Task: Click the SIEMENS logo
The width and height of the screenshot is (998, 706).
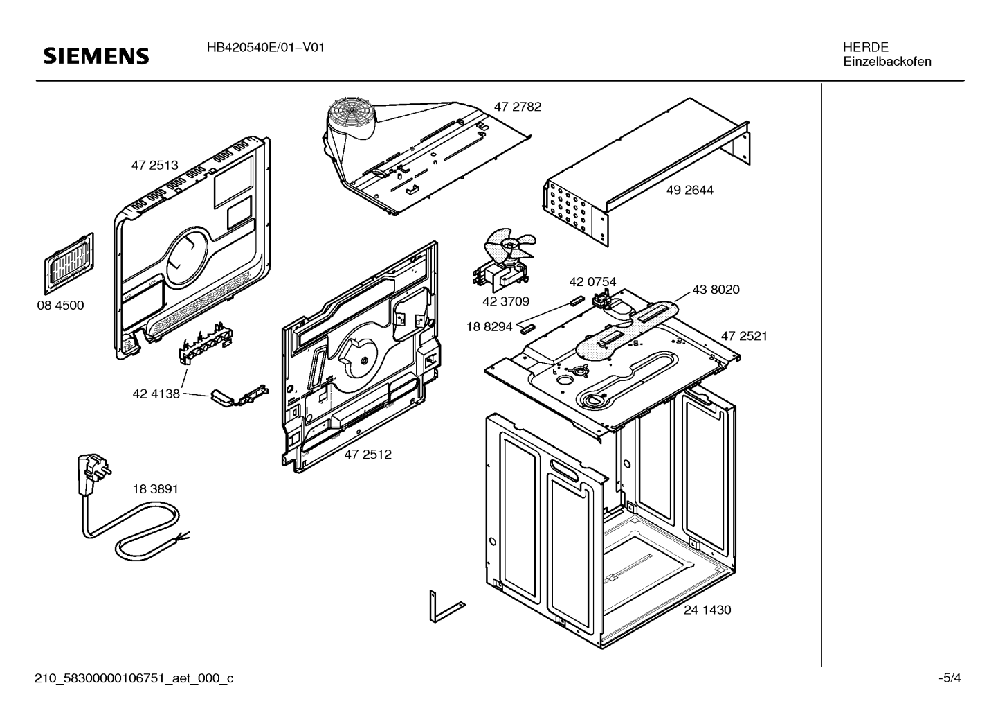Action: point(96,57)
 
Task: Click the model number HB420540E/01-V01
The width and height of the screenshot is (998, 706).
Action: point(266,47)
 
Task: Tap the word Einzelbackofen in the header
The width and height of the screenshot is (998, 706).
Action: point(887,62)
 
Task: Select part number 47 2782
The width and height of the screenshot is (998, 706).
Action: point(517,107)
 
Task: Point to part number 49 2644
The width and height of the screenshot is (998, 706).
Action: point(690,190)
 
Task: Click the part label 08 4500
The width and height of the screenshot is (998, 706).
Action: point(60,305)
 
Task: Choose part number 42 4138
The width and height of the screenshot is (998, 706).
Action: point(156,394)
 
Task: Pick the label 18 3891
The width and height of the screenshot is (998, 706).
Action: point(155,489)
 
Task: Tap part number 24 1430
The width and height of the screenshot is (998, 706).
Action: point(707,610)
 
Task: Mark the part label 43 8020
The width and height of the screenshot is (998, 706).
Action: point(716,290)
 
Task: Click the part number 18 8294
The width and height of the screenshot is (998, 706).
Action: point(489,327)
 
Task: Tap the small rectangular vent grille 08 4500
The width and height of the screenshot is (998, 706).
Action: point(69,263)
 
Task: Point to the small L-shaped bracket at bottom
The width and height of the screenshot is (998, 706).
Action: point(447,608)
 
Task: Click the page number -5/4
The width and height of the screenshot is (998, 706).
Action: point(950,678)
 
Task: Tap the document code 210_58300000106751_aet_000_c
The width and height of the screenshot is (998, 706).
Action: point(134,678)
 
